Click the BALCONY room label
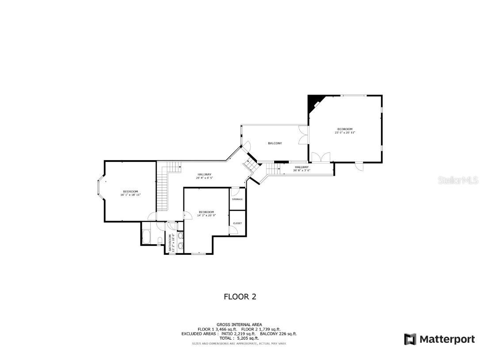tap(274, 143)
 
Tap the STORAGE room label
tap(237, 199)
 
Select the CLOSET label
tap(237, 223)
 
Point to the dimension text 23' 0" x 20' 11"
tap(345, 132)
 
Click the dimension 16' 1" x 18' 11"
tap(130, 195)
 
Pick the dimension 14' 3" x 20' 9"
tap(206, 215)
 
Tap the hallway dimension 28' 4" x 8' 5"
tap(205, 178)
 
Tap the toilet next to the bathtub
tap(160, 240)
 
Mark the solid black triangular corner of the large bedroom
tap(313, 101)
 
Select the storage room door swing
tap(235, 192)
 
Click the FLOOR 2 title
tap(240, 297)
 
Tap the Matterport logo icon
tap(410, 339)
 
